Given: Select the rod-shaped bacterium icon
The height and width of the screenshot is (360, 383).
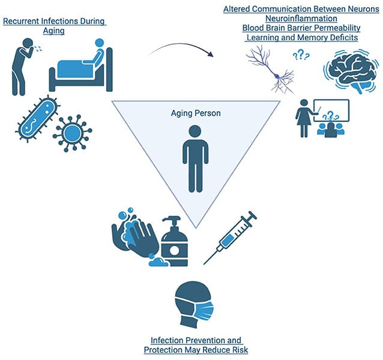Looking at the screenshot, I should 38,117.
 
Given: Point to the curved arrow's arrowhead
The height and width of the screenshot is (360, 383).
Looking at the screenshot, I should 211,55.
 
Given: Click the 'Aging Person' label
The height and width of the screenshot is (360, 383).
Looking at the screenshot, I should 196,112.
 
